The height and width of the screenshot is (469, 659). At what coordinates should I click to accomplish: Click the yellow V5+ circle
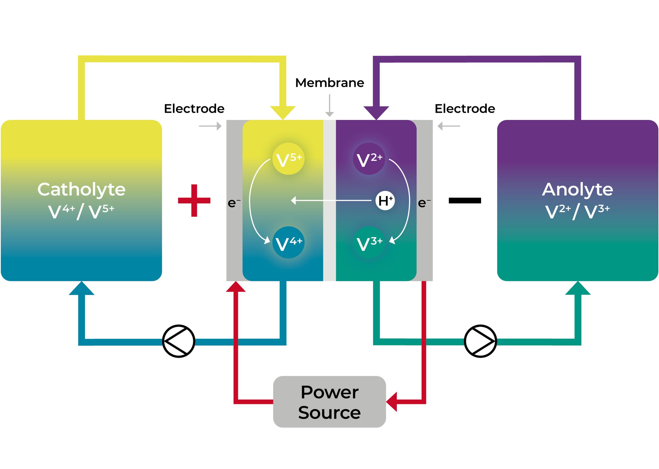[x=288, y=159]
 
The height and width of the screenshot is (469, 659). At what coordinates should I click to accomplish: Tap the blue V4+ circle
[x=288, y=242]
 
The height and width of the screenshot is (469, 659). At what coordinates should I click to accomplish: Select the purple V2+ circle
[x=369, y=159]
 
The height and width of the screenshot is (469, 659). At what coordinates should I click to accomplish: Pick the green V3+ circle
[x=369, y=242]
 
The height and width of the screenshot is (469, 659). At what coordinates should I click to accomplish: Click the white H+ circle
[x=384, y=200]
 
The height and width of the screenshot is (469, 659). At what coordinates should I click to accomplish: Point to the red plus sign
[x=194, y=200]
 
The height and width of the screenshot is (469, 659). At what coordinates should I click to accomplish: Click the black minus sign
[x=464, y=200]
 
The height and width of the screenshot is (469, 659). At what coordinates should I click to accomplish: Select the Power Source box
[x=329, y=402]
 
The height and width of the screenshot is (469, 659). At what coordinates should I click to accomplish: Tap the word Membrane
[x=329, y=83]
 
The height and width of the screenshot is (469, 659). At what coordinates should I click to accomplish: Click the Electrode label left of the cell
[x=194, y=109]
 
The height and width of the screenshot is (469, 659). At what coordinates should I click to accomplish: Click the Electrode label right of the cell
[x=464, y=109]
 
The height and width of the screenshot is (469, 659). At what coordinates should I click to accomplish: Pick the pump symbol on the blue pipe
[x=178, y=341]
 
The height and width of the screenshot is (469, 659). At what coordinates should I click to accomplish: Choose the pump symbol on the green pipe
[x=480, y=341]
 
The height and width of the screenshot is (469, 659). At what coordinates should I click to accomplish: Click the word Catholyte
[x=81, y=190]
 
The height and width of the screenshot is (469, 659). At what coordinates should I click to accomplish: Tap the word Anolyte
[x=577, y=190]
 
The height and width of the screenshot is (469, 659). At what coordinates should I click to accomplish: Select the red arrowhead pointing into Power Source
[x=392, y=402]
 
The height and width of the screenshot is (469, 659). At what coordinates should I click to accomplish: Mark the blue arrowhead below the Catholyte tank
[x=82, y=289]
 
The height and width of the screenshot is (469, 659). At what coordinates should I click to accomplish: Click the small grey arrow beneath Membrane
[x=329, y=113]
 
